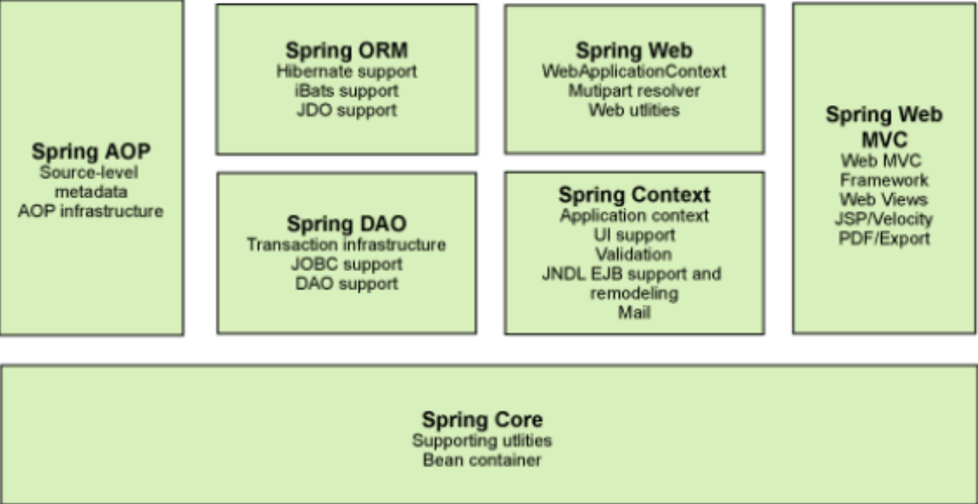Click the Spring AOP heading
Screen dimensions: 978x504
[91, 152]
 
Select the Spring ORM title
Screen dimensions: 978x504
[347, 50]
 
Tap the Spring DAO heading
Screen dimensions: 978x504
[347, 224]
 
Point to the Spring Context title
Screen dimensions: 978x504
[635, 195]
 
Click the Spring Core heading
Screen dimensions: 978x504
[482, 420]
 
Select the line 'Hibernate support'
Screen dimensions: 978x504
[347, 71]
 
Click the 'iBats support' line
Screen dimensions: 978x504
[347, 91]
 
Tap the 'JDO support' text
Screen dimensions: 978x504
[347, 110]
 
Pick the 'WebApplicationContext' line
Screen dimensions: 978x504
[635, 71]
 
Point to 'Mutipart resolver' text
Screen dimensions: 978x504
[635, 91]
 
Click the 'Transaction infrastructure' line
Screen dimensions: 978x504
[347, 245]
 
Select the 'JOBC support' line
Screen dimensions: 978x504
[347, 264]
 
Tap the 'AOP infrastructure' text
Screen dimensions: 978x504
[91, 211]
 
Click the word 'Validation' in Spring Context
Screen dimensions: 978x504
[635, 254]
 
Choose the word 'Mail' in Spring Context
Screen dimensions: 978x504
[635, 312]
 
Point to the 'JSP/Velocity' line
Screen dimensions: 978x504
[884, 219]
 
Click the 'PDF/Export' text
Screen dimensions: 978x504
[884, 238]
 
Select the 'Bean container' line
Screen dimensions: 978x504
[482, 460]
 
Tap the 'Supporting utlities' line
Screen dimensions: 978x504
[482, 441]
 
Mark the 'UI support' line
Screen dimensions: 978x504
[635, 235]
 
